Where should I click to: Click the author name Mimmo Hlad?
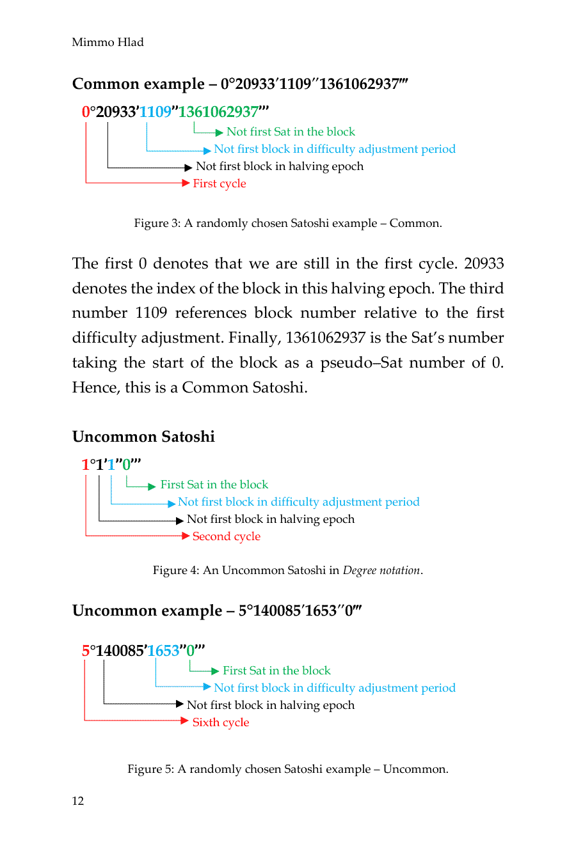pyautogui.click(x=108, y=42)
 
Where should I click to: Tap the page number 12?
pyautogui.click(x=77, y=801)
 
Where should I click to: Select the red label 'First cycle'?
pyautogui.click(x=219, y=183)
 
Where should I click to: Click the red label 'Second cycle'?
pyautogui.click(x=226, y=536)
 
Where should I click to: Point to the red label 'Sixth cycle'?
pyautogui.click(x=220, y=722)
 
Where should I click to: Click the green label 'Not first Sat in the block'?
pyautogui.click(x=291, y=132)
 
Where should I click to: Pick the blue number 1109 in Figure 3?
pyautogui.click(x=155, y=112)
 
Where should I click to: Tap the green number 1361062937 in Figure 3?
pyautogui.click(x=218, y=112)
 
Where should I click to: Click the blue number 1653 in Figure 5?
pyautogui.click(x=163, y=651)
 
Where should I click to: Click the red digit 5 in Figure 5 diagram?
pyautogui.click(x=85, y=651)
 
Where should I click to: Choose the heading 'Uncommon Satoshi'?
pyautogui.click(x=143, y=437)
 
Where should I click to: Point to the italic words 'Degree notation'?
pyautogui.click(x=381, y=570)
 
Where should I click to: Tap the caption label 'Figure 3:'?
pyautogui.click(x=157, y=223)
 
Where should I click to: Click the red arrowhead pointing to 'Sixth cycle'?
pyautogui.click(x=185, y=721)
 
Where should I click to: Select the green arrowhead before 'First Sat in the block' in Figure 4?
pyautogui.click(x=152, y=486)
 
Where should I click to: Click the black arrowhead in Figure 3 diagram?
pyautogui.click(x=188, y=167)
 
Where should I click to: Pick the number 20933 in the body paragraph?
pyautogui.click(x=484, y=263)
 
